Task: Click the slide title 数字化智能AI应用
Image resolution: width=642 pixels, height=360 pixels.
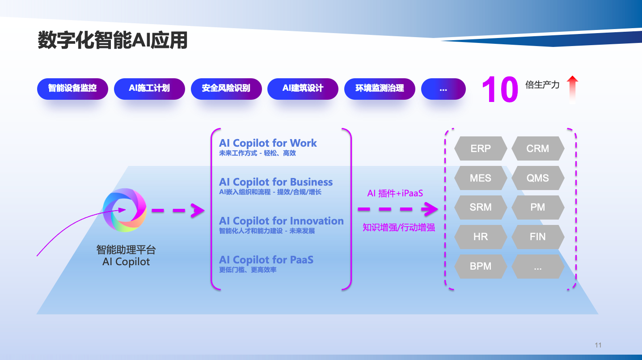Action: tap(113, 40)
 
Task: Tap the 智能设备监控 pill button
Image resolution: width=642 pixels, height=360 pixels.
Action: tap(72, 89)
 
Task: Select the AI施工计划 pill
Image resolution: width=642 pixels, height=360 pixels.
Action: tap(149, 89)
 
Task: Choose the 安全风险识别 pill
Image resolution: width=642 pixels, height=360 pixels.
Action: tap(226, 89)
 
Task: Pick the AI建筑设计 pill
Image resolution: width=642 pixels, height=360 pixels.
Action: tap(303, 89)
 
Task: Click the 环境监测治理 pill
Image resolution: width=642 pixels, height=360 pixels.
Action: tap(380, 89)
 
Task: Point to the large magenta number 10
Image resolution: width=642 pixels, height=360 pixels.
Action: tap(500, 89)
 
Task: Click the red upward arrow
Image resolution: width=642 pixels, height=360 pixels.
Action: tap(572, 89)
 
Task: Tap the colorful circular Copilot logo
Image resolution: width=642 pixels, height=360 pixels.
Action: tap(125, 210)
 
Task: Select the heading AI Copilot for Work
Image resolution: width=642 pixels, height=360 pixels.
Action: tap(268, 143)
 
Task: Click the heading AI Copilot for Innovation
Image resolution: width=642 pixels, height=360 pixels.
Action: tap(281, 221)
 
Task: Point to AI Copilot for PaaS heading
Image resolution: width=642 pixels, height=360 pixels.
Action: tap(266, 260)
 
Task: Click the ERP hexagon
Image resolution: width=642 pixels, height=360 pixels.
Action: tap(481, 148)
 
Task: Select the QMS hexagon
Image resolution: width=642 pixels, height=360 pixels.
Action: tap(538, 178)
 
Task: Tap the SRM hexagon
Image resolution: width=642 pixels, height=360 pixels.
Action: tap(481, 207)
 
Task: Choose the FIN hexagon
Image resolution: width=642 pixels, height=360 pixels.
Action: tap(538, 237)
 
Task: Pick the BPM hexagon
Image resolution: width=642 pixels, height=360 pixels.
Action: tap(481, 266)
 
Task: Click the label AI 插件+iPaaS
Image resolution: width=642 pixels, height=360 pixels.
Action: tap(395, 193)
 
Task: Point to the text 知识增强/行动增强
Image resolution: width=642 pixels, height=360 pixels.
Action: tap(399, 228)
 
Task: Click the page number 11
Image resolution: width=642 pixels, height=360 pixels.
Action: tap(598, 345)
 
